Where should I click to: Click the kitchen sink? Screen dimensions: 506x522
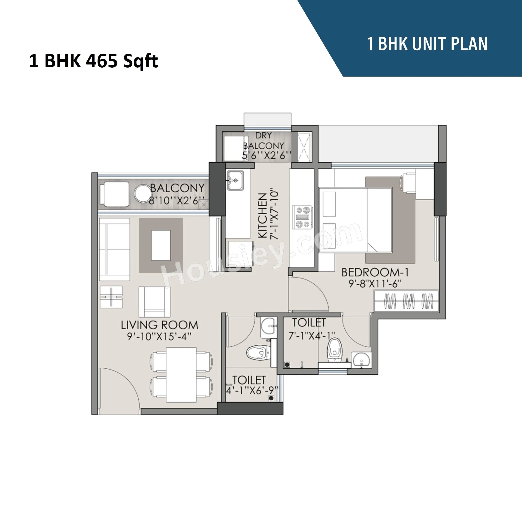[235, 180]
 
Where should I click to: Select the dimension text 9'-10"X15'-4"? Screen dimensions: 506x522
[159, 337]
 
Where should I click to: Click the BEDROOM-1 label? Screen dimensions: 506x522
[375, 272]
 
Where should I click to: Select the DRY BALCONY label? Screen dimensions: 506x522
[263, 141]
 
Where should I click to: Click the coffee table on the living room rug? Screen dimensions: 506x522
[161, 245]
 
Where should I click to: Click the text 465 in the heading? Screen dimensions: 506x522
[102, 61]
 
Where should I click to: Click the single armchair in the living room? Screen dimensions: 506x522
[154, 302]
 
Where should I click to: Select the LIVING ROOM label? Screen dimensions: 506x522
[160, 325]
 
